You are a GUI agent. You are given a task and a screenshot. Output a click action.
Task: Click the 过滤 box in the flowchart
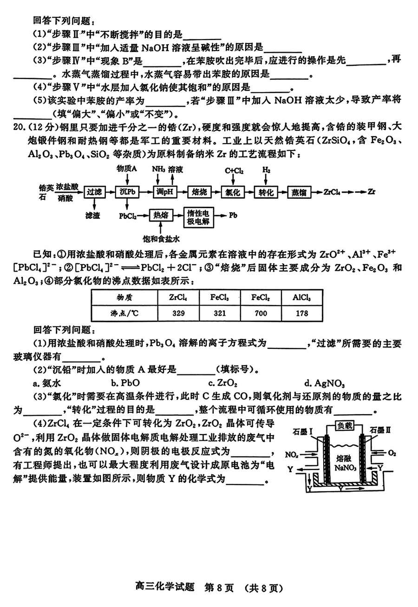94,191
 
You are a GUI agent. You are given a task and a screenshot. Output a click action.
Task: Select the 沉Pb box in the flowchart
128,191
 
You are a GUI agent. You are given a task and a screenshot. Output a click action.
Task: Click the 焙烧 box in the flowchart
200,191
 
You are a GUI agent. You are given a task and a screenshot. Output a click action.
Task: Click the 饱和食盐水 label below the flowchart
161,239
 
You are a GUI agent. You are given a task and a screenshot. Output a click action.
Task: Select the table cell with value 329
178,313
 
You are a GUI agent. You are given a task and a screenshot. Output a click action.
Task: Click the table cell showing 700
261,313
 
